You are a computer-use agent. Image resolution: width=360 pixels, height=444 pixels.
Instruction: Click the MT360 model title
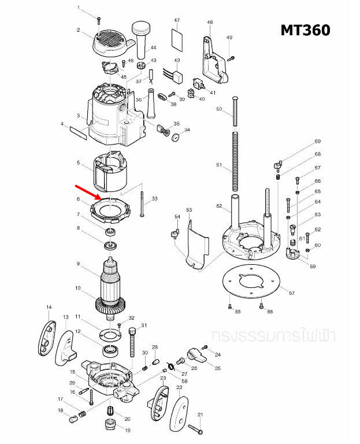coord(305,29)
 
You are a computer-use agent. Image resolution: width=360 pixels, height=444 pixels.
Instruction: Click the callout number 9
coord(77,264)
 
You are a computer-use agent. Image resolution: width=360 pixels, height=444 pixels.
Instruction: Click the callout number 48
coord(210,22)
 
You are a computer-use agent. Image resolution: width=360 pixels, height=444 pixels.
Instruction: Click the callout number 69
coord(318,142)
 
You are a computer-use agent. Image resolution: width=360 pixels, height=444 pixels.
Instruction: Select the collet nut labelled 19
coord(109,427)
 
